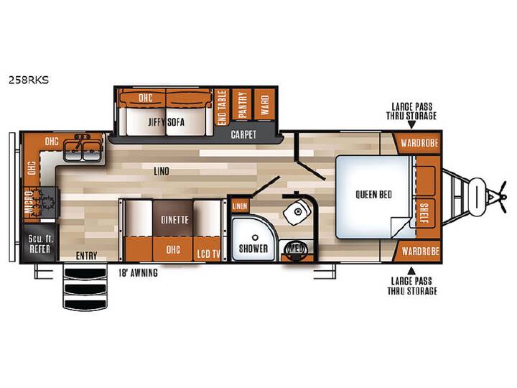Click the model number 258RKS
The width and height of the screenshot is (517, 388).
(29, 80)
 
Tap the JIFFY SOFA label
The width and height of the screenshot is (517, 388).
(166, 122)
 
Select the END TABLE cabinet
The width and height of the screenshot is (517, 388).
(222, 108)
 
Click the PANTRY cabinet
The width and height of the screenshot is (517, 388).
(242, 104)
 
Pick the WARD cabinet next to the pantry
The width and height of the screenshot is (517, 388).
(264, 104)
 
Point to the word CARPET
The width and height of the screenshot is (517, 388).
(243, 134)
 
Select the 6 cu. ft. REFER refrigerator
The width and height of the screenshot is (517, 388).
(40, 243)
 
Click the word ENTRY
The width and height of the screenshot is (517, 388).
(86, 256)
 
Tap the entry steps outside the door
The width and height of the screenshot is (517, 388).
(85, 288)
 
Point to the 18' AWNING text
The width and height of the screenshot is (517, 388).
(138, 273)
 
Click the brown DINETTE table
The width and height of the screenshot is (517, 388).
(173, 218)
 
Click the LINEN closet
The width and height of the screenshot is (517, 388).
(240, 206)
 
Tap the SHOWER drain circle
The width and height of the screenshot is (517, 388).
(254, 238)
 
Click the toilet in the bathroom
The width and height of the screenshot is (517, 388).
(297, 213)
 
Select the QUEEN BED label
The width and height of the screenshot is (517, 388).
(373, 194)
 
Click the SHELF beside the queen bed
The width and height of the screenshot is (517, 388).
(424, 213)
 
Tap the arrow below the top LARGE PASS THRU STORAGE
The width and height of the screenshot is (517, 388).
(411, 125)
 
